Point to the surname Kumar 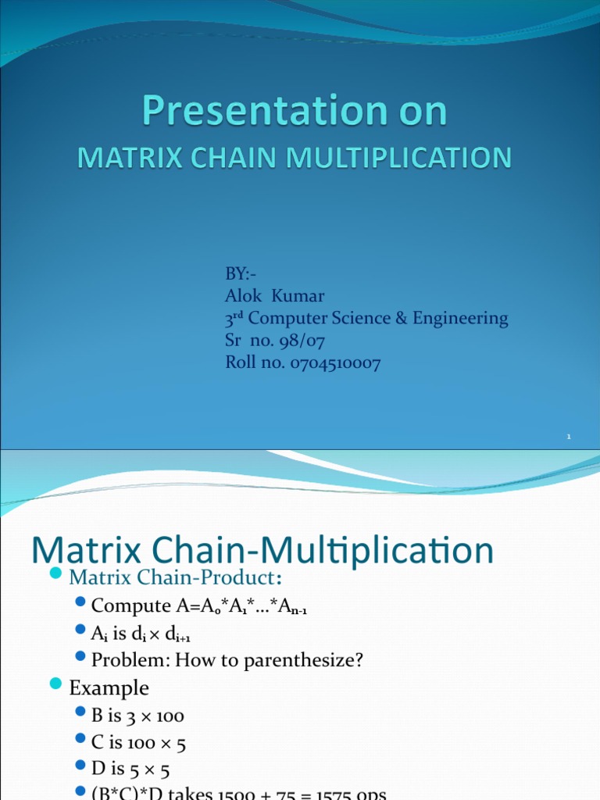(x=301, y=296)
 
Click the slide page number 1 (x=570, y=437)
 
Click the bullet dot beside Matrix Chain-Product (x=55, y=575)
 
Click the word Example (x=109, y=687)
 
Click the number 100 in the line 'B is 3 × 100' (x=168, y=716)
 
